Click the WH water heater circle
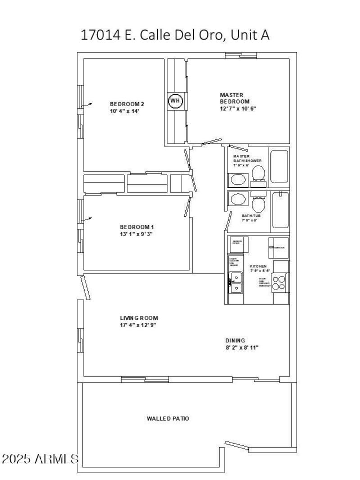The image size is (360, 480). coord(175,101)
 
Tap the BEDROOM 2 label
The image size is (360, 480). coord(127,104)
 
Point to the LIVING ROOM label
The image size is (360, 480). coord(139,318)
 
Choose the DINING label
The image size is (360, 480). coord(235,341)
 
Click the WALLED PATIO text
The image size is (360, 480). coord(168,418)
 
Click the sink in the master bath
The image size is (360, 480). coord(238,180)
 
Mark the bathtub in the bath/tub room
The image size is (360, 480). coord(279,210)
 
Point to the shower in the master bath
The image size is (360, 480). coord(279,166)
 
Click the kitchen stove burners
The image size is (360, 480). coord(279,283)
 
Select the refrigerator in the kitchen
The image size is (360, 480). coord(279,247)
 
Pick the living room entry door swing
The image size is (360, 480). coord(85,287)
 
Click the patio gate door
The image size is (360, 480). coord(236,445)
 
